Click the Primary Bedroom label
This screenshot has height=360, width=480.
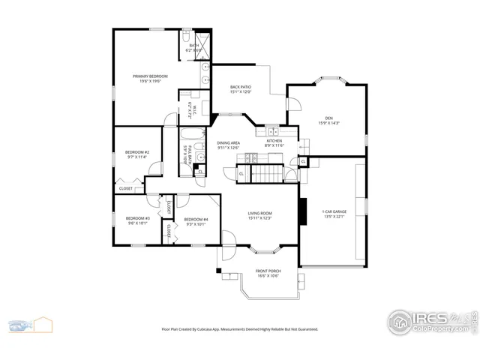pos(150,76)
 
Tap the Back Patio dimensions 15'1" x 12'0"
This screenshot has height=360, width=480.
pos(240,92)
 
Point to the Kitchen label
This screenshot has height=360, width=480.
pos(274,141)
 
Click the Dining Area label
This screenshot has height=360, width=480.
pos(228,142)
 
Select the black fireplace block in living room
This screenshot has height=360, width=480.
pos(303,211)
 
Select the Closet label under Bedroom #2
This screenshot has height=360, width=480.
pos(125,188)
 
